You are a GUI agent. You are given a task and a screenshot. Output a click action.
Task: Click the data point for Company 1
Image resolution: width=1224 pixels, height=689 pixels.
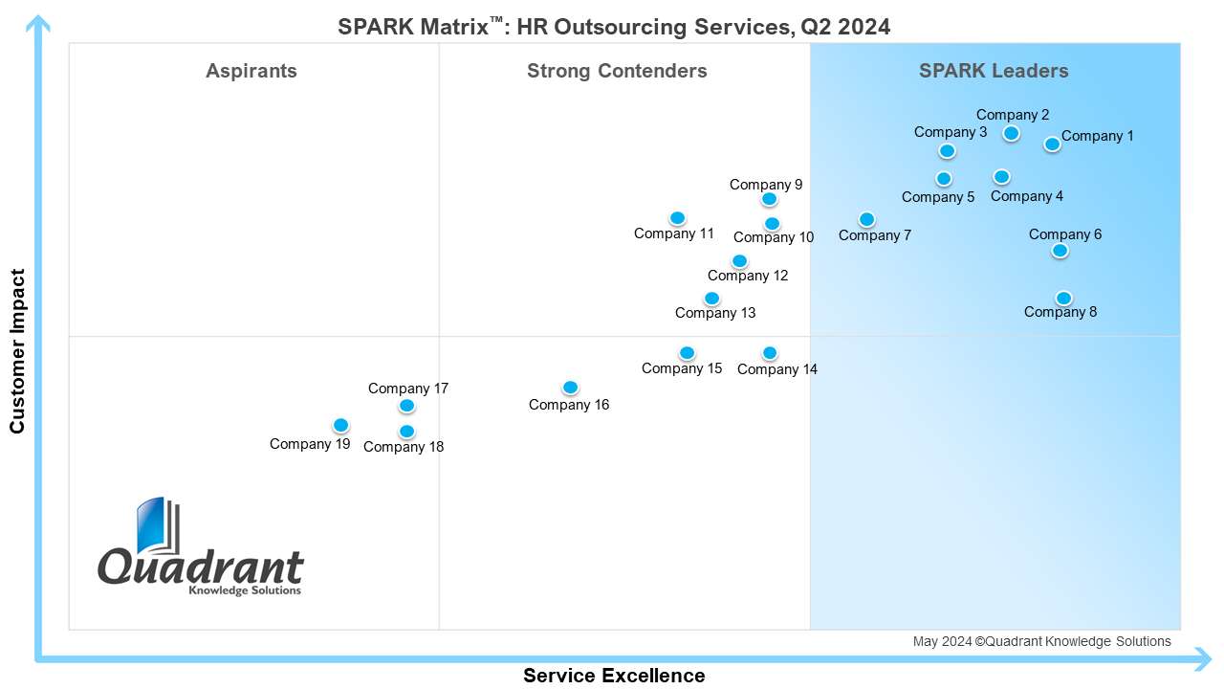(x=1052, y=144)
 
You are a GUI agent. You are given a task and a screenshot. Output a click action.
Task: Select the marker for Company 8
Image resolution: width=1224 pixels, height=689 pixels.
(x=1063, y=298)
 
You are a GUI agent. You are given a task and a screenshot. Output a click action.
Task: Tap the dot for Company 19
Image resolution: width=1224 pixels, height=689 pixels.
(x=340, y=425)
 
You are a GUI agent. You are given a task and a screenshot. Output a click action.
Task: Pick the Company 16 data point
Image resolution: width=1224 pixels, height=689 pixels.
(x=570, y=387)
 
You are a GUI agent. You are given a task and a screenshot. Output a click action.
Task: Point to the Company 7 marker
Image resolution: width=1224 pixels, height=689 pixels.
(x=866, y=219)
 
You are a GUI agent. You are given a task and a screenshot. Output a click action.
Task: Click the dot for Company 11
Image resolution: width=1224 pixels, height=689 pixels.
(x=677, y=218)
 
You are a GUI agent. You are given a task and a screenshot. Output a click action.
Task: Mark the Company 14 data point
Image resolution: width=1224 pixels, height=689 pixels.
(x=770, y=353)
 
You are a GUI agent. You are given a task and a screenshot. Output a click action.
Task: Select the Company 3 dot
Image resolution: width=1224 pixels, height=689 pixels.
(x=947, y=151)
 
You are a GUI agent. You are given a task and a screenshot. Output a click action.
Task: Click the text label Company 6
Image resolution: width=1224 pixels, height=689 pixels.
(x=1065, y=234)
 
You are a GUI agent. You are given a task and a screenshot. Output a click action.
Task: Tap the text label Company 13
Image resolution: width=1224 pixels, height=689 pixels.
(x=715, y=313)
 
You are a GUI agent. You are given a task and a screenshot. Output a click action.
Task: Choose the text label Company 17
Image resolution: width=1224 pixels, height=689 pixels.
(x=408, y=389)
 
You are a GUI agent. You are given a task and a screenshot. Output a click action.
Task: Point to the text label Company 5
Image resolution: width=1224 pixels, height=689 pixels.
(x=938, y=197)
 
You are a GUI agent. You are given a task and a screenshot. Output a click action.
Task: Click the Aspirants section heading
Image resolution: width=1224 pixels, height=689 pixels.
(x=251, y=71)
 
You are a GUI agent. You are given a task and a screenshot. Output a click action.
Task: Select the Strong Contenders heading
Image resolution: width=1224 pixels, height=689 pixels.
(x=617, y=71)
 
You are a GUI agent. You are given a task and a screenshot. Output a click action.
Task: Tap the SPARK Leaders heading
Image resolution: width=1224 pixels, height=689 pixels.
(x=994, y=71)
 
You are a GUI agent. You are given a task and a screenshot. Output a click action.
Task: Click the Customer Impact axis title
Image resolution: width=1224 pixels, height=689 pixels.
(x=17, y=350)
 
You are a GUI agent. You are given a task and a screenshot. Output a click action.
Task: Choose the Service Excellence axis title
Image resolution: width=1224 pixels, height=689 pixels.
(x=614, y=676)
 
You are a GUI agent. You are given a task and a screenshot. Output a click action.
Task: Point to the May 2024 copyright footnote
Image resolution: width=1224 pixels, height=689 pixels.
(x=1041, y=641)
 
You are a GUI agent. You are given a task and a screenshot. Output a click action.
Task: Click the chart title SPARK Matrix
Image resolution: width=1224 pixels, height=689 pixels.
(x=614, y=27)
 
